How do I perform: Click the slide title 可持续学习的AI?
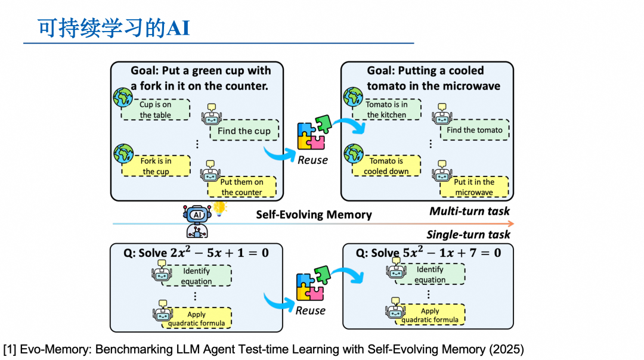(114, 28)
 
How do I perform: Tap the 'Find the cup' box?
(244, 131)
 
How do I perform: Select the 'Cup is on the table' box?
(156, 110)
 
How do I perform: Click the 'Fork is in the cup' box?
(156, 166)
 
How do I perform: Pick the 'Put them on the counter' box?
(242, 187)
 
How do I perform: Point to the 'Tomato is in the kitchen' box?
(386, 109)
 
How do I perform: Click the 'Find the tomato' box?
(475, 130)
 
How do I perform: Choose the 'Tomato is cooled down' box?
(386, 166)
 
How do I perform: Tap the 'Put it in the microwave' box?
(475, 187)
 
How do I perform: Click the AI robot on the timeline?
(197, 222)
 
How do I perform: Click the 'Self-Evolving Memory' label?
(314, 215)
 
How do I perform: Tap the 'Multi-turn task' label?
(469, 211)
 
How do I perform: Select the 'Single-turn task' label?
(468, 234)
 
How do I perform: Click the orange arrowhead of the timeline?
(511, 224)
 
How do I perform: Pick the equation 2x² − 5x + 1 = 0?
(219, 253)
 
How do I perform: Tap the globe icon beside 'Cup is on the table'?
(123, 98)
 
